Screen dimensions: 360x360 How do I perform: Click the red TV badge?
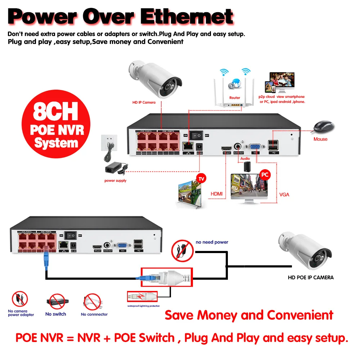pyautogui.click(x=201, y=179)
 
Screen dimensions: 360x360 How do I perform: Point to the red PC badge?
pyautogui.click(x=265, y=174)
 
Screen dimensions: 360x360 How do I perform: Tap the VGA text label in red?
pyautogui.click(x=284, y=195)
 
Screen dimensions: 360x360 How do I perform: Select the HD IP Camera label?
pyautogui.click(x=144, y=103)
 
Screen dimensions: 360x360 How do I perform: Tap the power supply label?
pyautogui.click(x=115, y=181)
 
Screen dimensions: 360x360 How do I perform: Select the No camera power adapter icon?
pyautogui.click(x=20, y=299)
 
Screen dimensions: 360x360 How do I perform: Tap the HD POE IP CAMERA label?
pyautogui.click(x=311, y=278)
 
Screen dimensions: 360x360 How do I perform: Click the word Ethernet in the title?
pyautogui.click(x=187, y=17)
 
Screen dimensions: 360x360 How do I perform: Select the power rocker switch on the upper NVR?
pyautogui.click(x=197, y=135)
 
